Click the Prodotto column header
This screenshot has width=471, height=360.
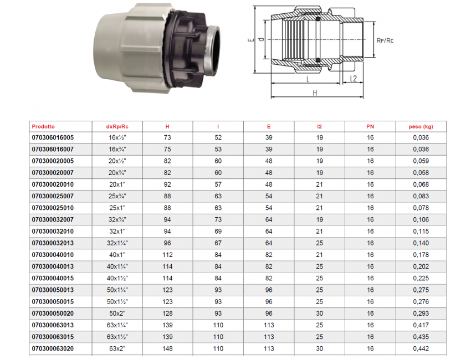43,126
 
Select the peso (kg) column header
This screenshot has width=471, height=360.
421,126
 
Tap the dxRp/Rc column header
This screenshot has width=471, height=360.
117,126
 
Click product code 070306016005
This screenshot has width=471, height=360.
53,137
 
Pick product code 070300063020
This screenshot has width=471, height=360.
53,348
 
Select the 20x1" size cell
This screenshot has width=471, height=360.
117,184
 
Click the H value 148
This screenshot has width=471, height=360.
167,348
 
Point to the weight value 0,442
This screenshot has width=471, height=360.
421,348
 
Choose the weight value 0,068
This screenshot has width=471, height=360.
421,184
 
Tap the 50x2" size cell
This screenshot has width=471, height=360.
117,313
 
